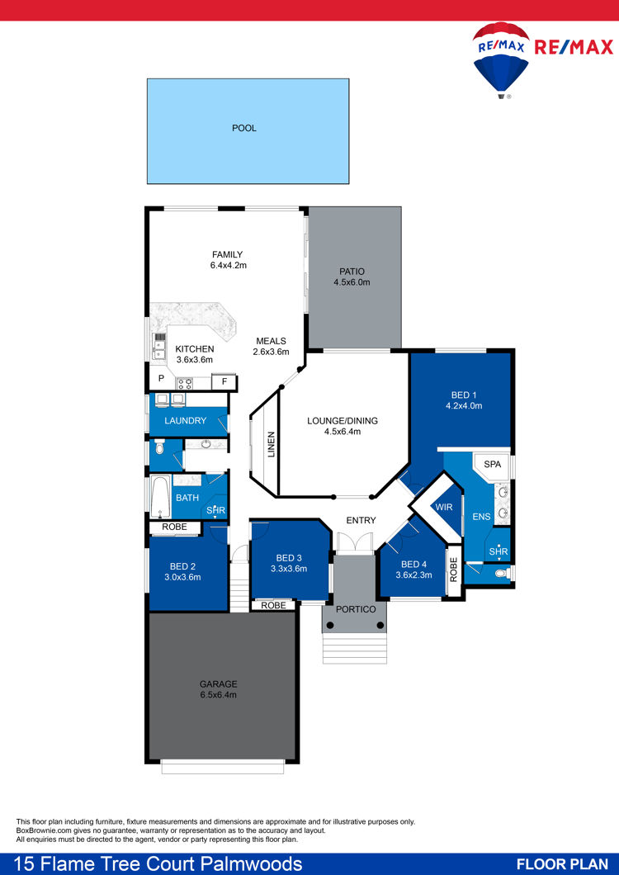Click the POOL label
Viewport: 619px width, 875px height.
pyautogui.click(x=244, y=128)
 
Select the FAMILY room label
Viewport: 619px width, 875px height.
pyautogui.click(x=227, y=255)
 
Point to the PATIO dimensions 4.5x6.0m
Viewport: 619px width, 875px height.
pyautogui.click(x=352, y=282)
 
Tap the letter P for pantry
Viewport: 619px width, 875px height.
pyautogui.click(x=161, y=378)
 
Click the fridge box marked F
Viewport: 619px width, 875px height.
pyautogui.click(x=224, y=382)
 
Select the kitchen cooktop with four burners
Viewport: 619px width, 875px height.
pyautogui.click(x=185, y=384)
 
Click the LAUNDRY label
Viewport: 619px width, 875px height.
pyautogui.click(x=186, y=421)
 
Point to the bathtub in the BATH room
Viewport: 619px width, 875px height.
pyautogui.click(x=161, y=497)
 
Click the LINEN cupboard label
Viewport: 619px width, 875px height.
pyautogui.click(x=272, y=445)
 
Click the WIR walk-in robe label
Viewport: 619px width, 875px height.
pyautogui.click(x=444, y=508)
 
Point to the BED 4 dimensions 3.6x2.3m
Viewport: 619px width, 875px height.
pyautogui.click(x=413, y=575)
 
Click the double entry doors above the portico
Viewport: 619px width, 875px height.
pyautogui.click(x=354, y=543)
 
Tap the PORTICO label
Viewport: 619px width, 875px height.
pyautogui.click(x=356, y=609)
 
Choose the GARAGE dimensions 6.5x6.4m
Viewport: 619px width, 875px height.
pyautogui.click(x=218, y=695)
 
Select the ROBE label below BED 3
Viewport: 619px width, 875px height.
pyautogui.click(x=273, y=605)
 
